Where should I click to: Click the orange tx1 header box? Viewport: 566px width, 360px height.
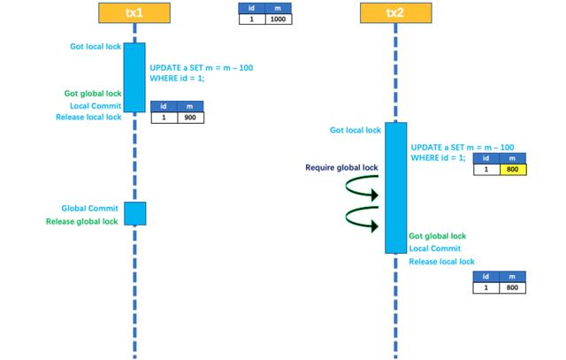point(134,13)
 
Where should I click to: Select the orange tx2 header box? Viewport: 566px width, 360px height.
point(395,13)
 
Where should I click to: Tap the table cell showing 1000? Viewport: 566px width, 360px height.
point(279,19)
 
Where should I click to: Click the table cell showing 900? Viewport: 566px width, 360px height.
point(190,118)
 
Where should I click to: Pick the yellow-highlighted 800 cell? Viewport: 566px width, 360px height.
point(513,169)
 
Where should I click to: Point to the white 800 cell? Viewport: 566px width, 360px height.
point(512,287)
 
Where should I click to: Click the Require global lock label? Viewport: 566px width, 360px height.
point(341,167)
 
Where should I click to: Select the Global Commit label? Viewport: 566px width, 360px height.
point(89,209)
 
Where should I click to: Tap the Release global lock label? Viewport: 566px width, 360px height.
point(81,221)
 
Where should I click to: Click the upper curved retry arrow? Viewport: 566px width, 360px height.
point(347,186)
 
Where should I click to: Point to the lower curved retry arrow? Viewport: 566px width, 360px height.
point(347,218)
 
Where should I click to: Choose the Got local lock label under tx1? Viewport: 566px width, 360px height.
point(96,46)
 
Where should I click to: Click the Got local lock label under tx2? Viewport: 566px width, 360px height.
point(356,130)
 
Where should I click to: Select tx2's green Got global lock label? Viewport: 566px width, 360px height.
point(438,236)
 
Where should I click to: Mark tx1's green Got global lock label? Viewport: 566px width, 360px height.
point(93,94)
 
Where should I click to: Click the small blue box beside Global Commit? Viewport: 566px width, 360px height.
point(135,213)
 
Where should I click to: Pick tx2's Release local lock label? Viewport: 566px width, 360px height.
point(441,262)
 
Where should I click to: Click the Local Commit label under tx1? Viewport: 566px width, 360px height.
point(96,106)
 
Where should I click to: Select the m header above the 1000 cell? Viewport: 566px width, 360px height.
point(279,8)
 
